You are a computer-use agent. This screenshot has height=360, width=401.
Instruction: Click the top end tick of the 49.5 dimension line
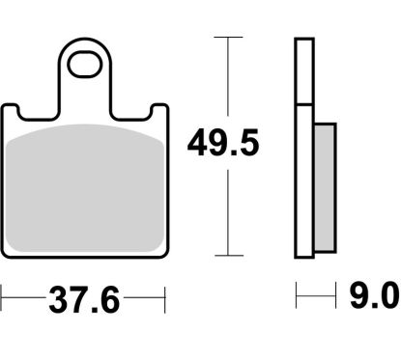(228, 38)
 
